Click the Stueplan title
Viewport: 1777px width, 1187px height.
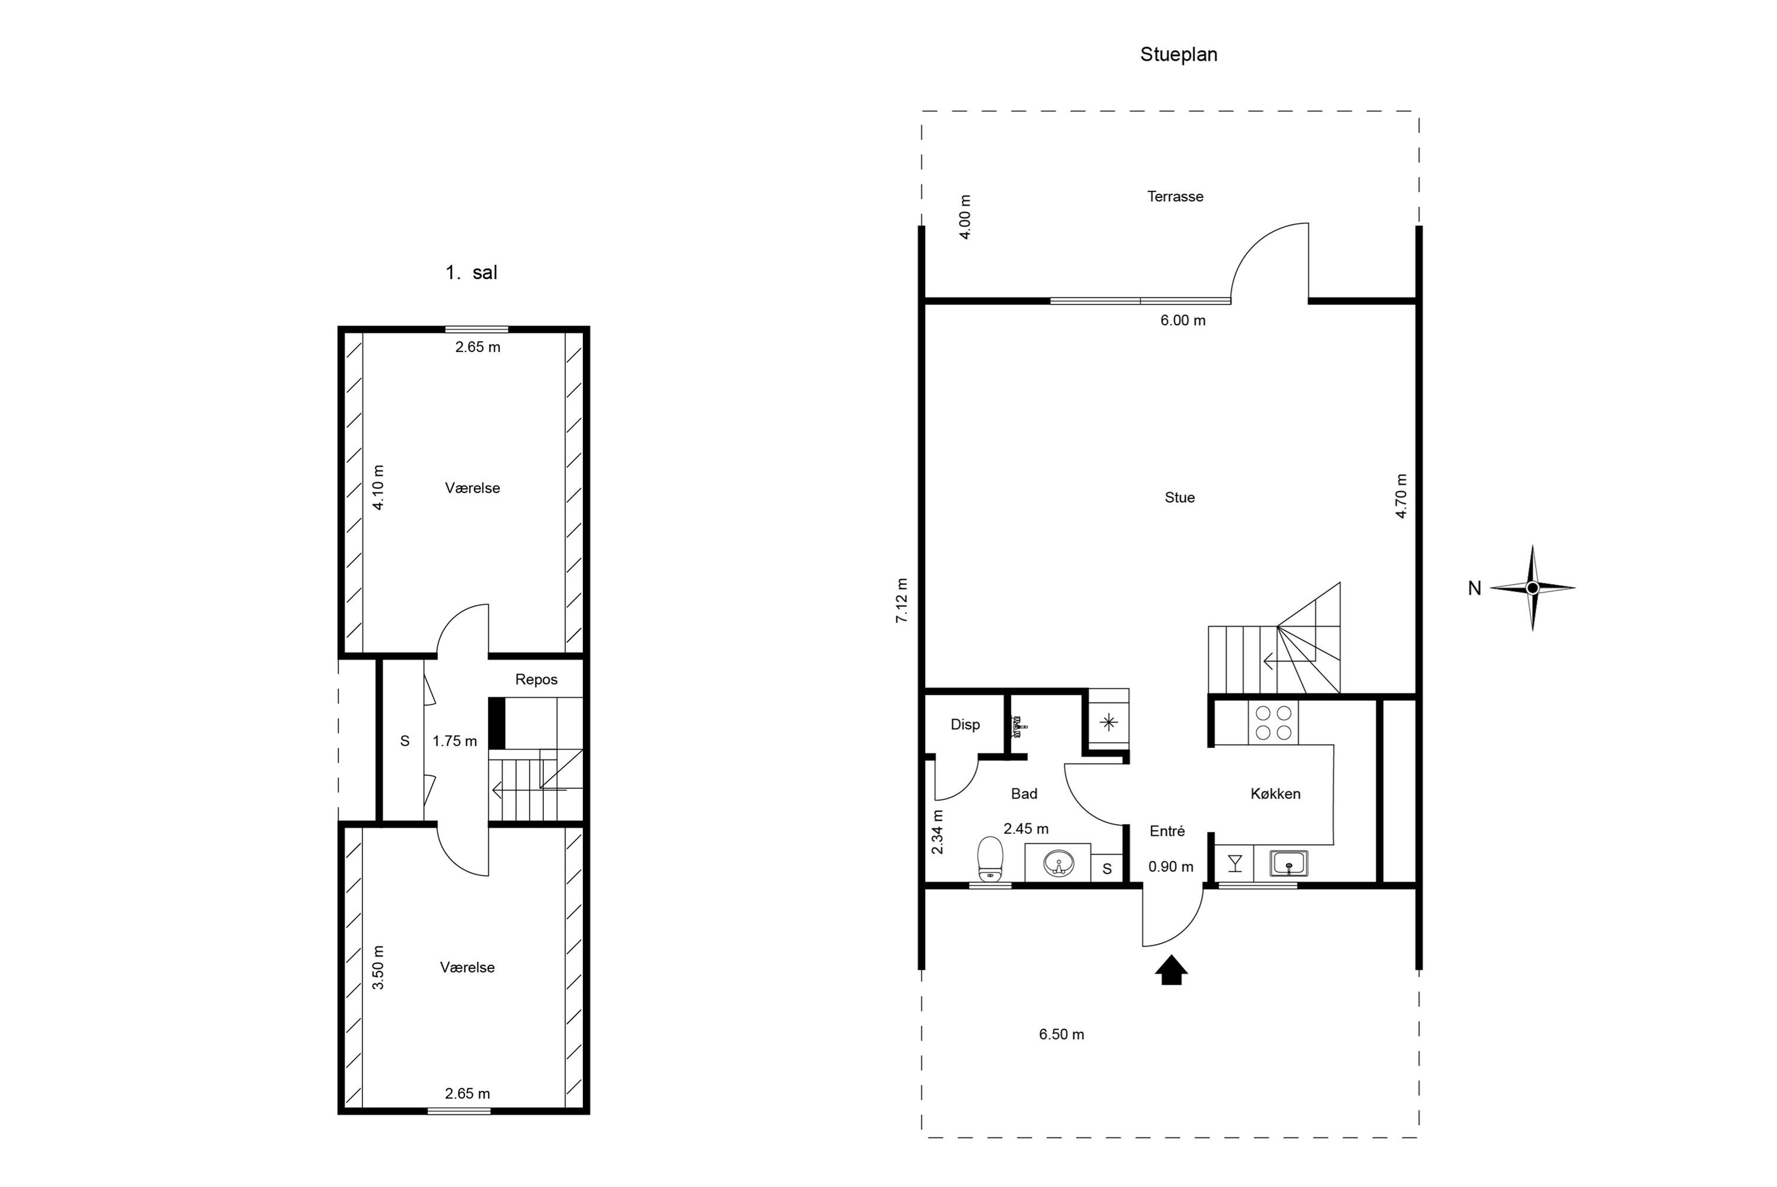tap(1178, 54)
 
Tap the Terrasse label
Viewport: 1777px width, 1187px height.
tap(1175, 196)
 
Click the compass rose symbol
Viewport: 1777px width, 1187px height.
tap(1532, 588)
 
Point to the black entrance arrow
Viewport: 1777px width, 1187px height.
tap(1171, 970)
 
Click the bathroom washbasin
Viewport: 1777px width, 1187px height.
tap(1058, 863)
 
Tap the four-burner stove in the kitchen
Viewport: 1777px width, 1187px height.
tap(1273, 722)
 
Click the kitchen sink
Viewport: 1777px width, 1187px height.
tap(1289, 863)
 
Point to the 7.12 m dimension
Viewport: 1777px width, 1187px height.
tap(902, 601)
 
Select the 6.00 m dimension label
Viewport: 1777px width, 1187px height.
tap(1183, 320)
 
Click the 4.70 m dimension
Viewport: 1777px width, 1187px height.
tap(1401, 496)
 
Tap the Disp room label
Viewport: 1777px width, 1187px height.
tap(965, 724)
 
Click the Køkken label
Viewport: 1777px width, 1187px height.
tap(1275, 793)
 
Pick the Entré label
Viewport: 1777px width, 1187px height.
tap(1167, 830)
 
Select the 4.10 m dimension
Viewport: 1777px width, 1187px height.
tap(379, 487)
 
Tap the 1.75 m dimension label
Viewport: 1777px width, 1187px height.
tap(455, 741)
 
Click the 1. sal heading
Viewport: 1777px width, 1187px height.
tap(471, 272)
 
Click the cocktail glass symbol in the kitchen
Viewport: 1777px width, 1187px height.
tap(1235, 863)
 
